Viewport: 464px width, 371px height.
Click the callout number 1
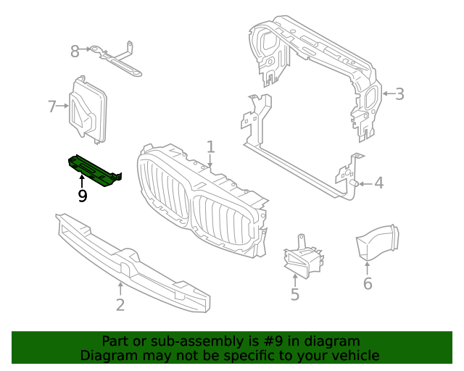coord(210,147)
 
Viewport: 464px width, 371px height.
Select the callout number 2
coord(120,304)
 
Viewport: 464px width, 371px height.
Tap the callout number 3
coord(399,93)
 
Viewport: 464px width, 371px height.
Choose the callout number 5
coord(295,294)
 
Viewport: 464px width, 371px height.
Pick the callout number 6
coord(368,283)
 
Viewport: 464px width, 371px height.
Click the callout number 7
coord(51,107)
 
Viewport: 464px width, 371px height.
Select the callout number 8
coord(75,51)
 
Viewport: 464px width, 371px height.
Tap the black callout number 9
coord(83,196)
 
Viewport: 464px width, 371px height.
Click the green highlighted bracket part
coord(94,171)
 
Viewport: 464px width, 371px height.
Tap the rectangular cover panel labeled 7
coord(89,109)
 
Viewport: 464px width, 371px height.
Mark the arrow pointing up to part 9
coord(83,180)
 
